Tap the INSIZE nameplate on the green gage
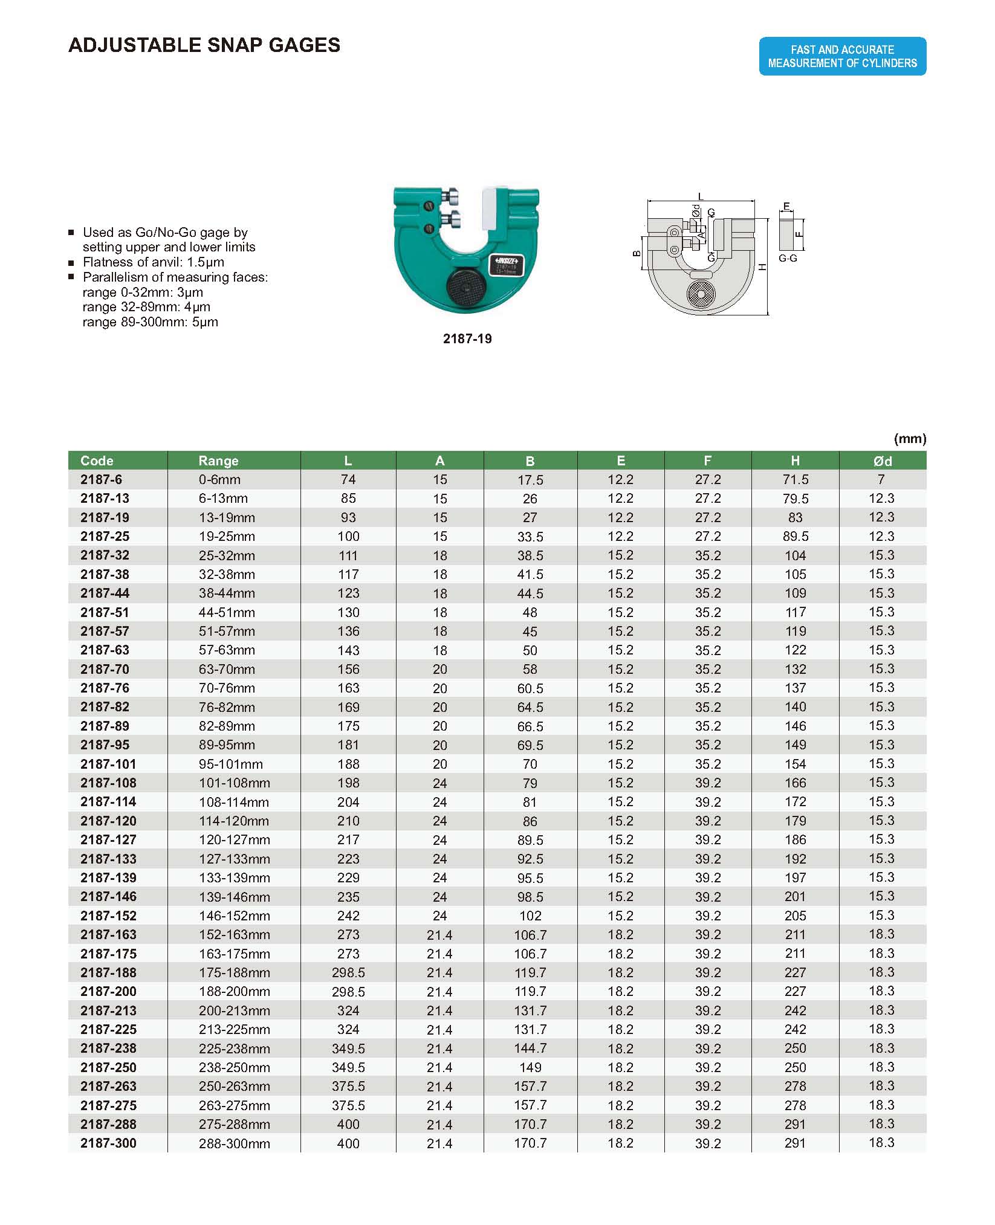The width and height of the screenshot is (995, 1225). (x=507, y=265)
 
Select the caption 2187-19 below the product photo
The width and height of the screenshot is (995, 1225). (x=467, y=339)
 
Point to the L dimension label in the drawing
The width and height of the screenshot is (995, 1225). (x=701, y=196)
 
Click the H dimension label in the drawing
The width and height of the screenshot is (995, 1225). (x=763, y=267)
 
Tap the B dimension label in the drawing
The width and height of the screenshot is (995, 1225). (x=637, y=254)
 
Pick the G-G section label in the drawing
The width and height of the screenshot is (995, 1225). (x=788, y=259)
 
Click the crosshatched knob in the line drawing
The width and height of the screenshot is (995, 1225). (x=701, y=294)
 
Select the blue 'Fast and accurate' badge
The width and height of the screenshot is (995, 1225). (x=842, y=56)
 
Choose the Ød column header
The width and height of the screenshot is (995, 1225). (x=882, y=461)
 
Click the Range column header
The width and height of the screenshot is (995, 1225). (x=218, y=461)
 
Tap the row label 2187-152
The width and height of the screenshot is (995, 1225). (x=109, y=916)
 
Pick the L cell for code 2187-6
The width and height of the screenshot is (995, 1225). (x=348, y=480)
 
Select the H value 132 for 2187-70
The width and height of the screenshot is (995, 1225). (x=795, y=669)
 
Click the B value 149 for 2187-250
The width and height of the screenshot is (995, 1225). (x=530, y=1067)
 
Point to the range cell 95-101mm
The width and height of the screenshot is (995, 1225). (x=227, y=764)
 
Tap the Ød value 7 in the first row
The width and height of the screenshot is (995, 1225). (x=881, y=480)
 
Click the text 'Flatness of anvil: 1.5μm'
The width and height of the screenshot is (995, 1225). (x=154, y=262)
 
